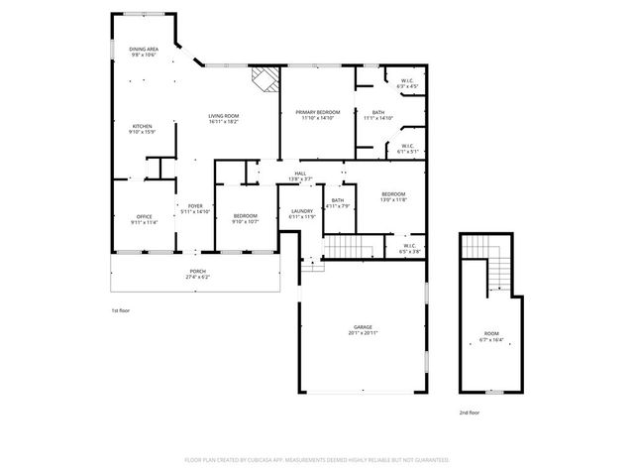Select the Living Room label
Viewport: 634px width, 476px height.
click(x=223, y=116)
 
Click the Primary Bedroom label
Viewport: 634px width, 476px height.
click(x=318, y=113)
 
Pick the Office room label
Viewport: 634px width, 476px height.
click(x=144, y=218)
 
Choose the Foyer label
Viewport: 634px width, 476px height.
click(x=194, y=206)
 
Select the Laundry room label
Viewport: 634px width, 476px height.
click(x=302, y=211)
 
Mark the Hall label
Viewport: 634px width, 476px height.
click(x=301, y=174)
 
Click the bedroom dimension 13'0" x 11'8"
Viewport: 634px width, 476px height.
click(x=393, y=200)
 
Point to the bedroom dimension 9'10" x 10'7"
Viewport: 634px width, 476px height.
click(x=245, y=221)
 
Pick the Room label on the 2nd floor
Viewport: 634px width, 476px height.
click(x=491, y=333)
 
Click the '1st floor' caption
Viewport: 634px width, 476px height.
click(x=120, y=310)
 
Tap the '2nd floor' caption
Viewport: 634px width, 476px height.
click(x=469, y=411)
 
